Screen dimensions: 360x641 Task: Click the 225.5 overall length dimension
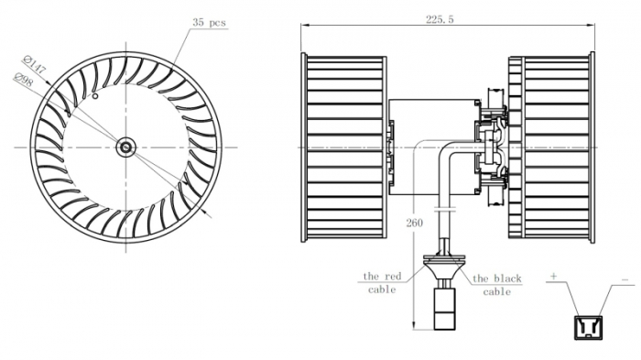(439, 18)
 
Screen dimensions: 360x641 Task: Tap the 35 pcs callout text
(210, 21)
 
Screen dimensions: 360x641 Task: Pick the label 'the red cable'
(383, 282)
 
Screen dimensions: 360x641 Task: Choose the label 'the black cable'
(497, 284)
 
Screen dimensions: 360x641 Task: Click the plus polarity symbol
(555, 275)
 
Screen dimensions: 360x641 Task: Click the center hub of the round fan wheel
(125, 147)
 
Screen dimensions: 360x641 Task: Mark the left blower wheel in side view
(343, 147)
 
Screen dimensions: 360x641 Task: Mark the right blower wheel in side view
(552, 147)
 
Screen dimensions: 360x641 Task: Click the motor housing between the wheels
(431, 147)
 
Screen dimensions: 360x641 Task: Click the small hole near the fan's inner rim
(94, 95)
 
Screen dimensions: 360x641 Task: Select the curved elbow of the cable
(448, 151)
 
